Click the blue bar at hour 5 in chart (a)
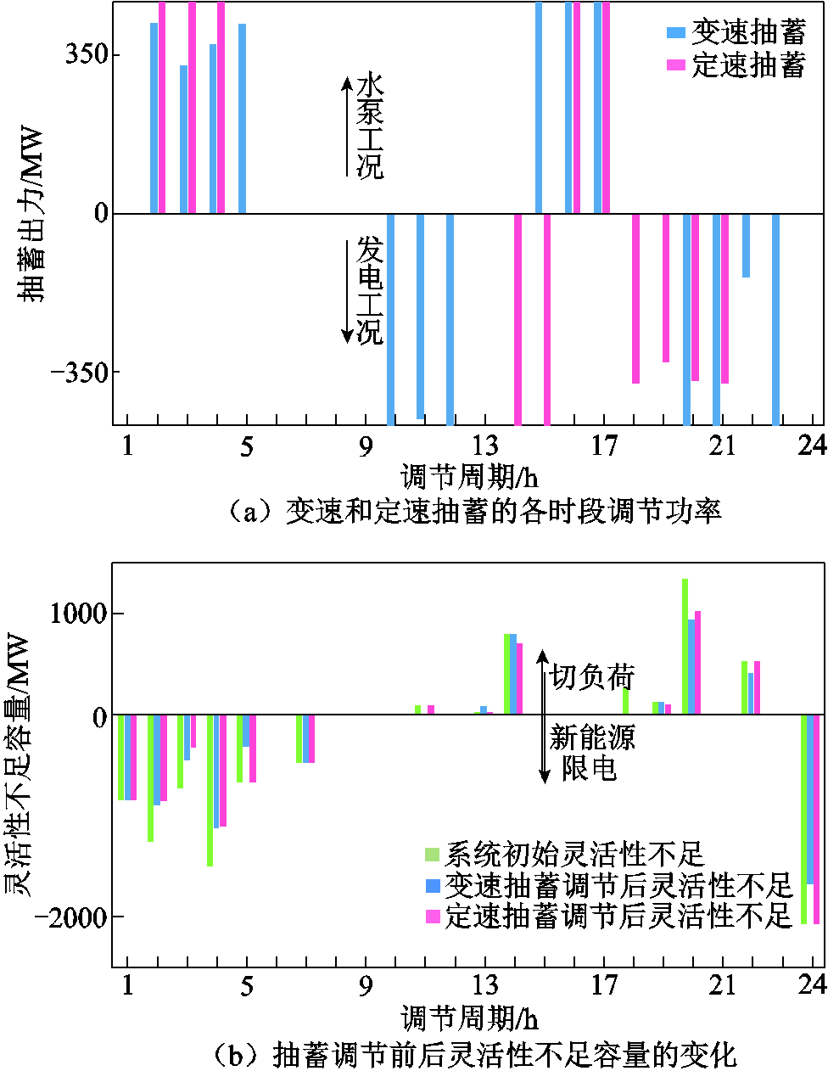pyautogui.click(x=242, y=118)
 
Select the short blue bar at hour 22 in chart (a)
pyautogui.click(x=746, y=245)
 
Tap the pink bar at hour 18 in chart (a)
pyautogui.click(x=635, y=298)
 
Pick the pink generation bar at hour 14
pyautogui.click(x=517, y=318)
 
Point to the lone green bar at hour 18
pyautogui.click(x=625, y=701)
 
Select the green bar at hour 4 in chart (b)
pyautogui.click(x=210, y=790)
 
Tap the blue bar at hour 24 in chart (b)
pyautogui.click(x=810, y=799)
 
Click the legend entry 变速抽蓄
pyautogui.click(x=736, y=32)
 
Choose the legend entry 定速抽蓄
pyautogui.click(x=736, y=65)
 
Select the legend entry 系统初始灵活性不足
pyautogui.click(x=564, y=854)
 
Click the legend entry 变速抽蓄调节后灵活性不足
pyautogui.click(x=607, y=885)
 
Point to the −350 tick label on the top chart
pyautogui.click(x=80, y=372)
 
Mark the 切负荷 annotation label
pyautogui.click(x=592, y=677)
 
